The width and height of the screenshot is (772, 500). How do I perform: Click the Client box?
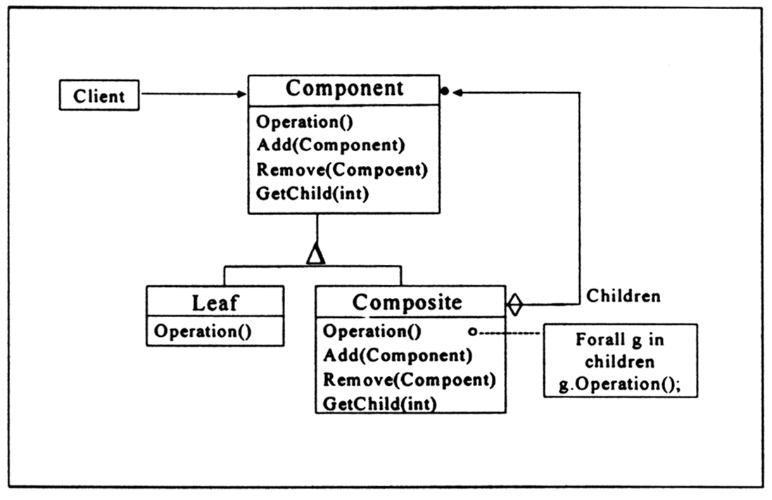(x=99, y=95)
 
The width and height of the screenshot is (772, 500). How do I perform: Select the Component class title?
(x=344, y=89)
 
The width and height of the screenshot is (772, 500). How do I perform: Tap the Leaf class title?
(x=215, y=302)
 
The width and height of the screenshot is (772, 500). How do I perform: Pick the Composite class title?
(x=407, y=302)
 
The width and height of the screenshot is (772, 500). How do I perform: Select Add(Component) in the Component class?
(x=331, y=145)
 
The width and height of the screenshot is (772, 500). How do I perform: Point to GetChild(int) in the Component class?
(x=312, y=193)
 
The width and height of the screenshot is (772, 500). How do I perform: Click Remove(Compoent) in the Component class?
(x=342, y=169)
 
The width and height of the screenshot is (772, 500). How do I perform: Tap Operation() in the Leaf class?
(x=203, y=331)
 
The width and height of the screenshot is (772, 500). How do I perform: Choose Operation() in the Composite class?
(x=372, y=331)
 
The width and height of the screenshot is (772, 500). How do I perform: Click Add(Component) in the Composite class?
(x=398, y=355)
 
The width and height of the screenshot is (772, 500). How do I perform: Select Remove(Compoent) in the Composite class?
(x=410, y=380)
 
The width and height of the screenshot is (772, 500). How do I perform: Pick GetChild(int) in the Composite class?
(x=380, y=404)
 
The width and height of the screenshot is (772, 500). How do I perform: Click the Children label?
(x=624, y=296)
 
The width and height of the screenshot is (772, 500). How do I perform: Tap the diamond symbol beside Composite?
(x=514, y=305)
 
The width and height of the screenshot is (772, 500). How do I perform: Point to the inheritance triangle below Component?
(x=315, y=254)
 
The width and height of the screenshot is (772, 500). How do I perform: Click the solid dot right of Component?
(x=445, y=91)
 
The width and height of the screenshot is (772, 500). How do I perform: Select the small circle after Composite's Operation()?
(x=472, y=332)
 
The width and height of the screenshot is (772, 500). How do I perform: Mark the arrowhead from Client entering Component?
(x=242, y=94)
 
